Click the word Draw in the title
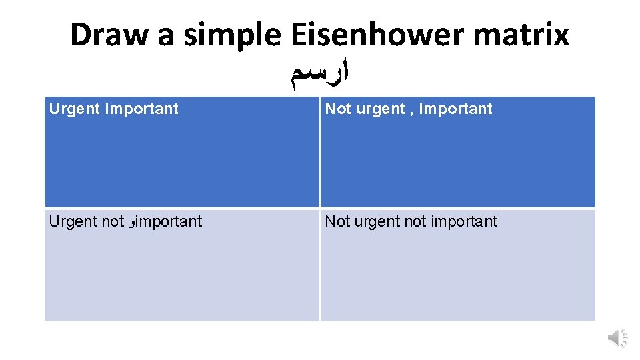[x=108, y=35]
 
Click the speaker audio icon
[x=617, y=338]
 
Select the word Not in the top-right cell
[x=338, y=109]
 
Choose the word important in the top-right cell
[x=456, y=109]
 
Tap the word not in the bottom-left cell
[x=113, y=221]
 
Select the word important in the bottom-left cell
[x=169, y=221]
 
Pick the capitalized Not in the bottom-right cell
[x=338, y=221]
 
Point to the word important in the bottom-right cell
[x=464, y=221]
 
